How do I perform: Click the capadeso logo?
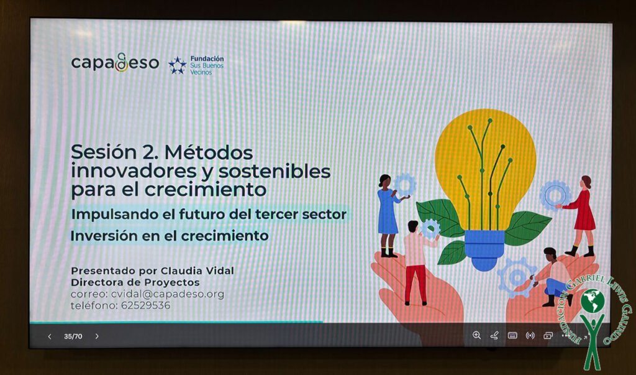[x=115, y=63]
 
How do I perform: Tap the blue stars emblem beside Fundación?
[x=177, y=65]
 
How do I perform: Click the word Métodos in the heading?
[x=209, y=152]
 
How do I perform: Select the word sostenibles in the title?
[x=274, y=171]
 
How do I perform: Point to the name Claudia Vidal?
[x=197, y=271]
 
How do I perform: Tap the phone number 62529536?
[x=145, y=305]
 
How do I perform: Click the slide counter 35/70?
[x=73, y=336]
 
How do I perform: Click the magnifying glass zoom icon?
[x=476, y=335]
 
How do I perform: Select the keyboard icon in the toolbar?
[x=512, y=336]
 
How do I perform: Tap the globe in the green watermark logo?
[x=593, y=301]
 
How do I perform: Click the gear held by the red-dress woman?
[x=555, y=195]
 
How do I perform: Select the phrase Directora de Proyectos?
[x=135, y=282]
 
